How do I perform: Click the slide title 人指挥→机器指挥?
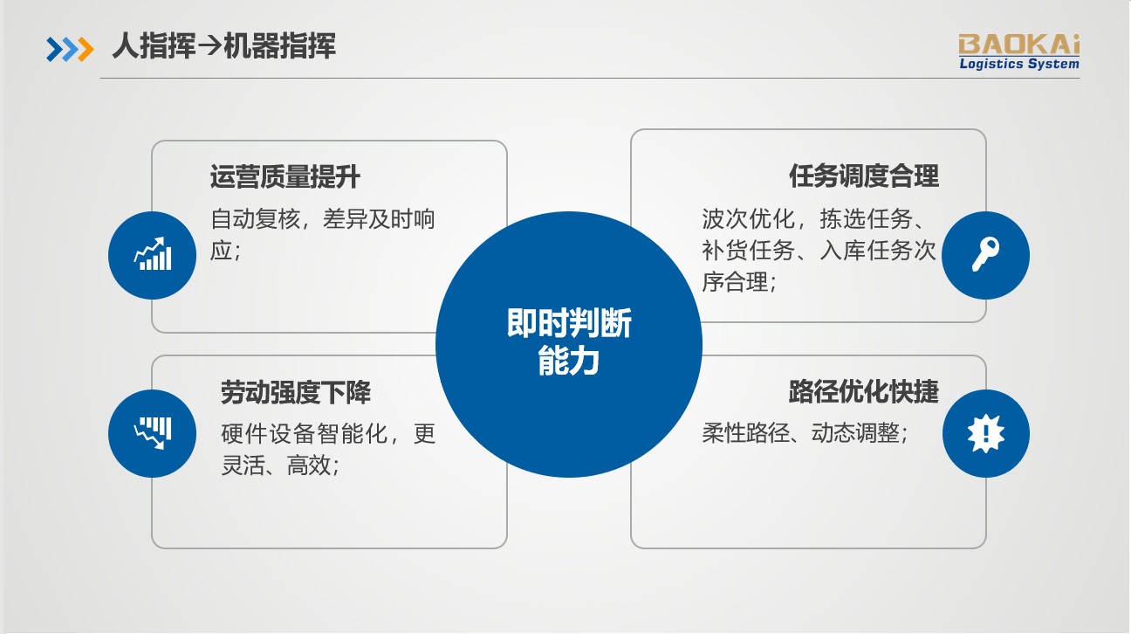click(x=223, y=46)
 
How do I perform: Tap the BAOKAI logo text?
click(x=1018, y=43)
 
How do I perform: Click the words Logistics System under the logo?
click(x=1018, y=63)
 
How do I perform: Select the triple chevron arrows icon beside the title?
click(x=70, y=49)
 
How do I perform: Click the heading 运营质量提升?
click(x=284, y=177)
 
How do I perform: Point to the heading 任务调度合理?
click(x=864, y=176)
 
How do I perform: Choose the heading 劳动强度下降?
click(x=296, y=393)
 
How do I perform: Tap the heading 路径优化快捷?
click(x=864, y=391)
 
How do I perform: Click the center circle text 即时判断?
click(x=569, y=325)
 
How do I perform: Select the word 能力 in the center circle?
click(x=569, y=362)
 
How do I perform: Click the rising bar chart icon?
click(x=152, y=255)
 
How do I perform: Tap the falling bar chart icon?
click(x=152, y=433)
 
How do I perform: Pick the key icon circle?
click(x=986, y=255)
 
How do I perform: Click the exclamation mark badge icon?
click(x=986, y=433)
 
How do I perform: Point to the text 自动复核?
click(x=253, y=219)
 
